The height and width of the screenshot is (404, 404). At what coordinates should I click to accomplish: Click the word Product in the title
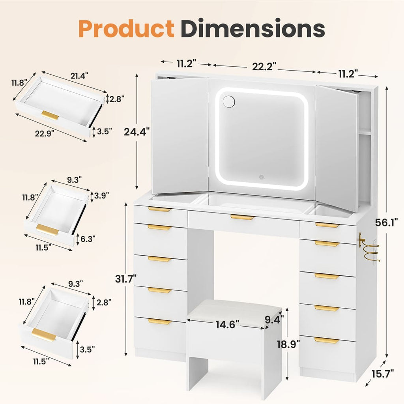[x=126, y=29]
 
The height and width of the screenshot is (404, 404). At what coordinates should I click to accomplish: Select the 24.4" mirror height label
[x=137, y=131]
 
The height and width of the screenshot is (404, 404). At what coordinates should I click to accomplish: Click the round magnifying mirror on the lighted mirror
[x=228, y=101]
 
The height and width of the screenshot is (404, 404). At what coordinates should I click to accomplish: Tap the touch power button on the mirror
[x=261, y=177]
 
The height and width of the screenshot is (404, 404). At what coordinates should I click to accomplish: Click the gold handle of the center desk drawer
[x=242, y=217]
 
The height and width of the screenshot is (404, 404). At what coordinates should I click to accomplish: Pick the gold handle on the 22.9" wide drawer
[x=50, y=115]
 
